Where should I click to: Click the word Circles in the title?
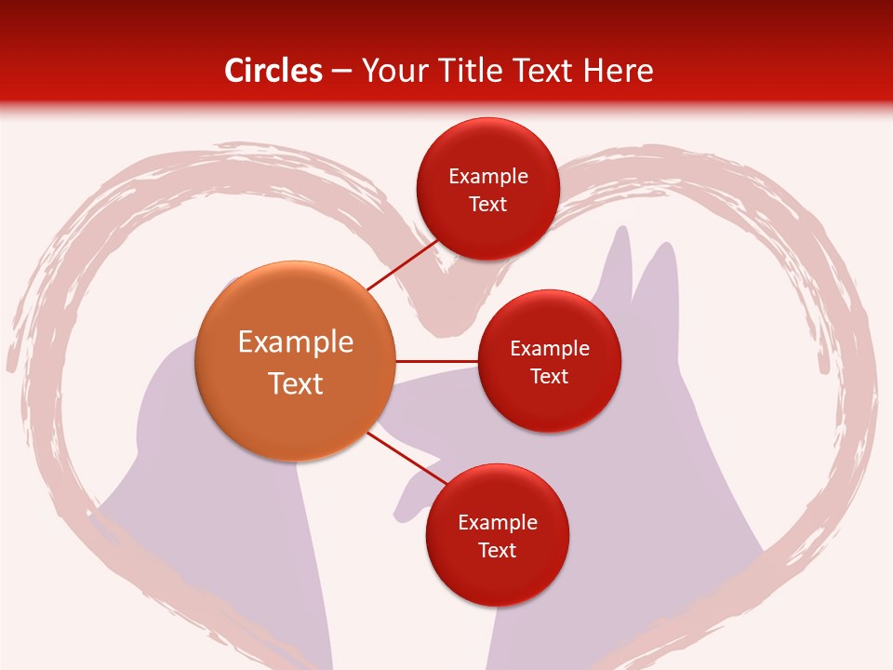(x=273, y=70)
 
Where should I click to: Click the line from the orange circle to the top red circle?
(x=402, y=265)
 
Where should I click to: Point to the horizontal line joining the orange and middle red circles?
(x=436, y=361)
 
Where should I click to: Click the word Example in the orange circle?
(x=296, y=342)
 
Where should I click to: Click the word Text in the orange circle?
(x=296, y=383)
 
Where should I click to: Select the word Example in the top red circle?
(x=487, y=177)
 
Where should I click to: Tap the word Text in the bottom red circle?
(x=497, y=550)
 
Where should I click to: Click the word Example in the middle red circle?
(x=549, y=349)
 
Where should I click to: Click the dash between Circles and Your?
(x=340, y=72)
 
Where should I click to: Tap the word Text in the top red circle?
(x=487, y=205)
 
